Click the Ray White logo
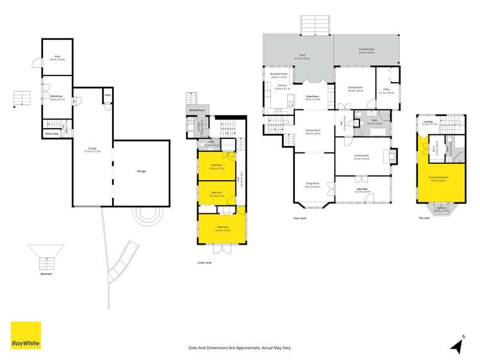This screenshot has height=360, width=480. pyautogui.click(x=26, y=335)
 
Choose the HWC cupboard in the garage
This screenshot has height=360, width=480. pyautogui.click(x=107, y=97)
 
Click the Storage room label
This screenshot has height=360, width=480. pyautogui.click(x=141, y=171)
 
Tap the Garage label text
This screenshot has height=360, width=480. pyautogui.click(x=92, y=149)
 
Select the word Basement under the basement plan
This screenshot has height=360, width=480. pyautogui.click(x=46, y=274)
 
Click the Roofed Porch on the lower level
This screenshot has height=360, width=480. pyautogui.click(x=197, y=110)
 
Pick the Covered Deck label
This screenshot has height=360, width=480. pyautogui.click(x=367, y=49)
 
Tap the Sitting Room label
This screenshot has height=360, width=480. pyautogui.click(x=355, y=88)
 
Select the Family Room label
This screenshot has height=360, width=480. pyautogui.click(x=361, y=156)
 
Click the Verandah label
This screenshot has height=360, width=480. pyautogui.click(x=361, y=189)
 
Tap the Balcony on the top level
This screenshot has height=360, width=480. pyautogui.click(x=442, y=208)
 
